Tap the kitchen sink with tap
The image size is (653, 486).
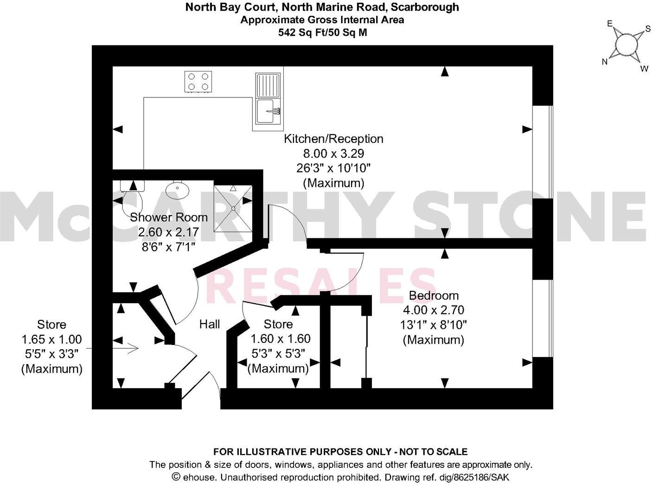(268, 111)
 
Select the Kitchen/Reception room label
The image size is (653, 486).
(333, 139)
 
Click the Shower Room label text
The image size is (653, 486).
(168, 217)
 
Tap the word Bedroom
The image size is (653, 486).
(433, 295)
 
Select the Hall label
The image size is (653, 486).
(210, 324)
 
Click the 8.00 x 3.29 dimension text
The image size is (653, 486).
(333, 153)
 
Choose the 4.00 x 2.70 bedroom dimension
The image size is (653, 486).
(433, 310)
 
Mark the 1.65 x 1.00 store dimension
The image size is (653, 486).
(51, 339)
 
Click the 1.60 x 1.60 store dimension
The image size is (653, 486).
(280, 339)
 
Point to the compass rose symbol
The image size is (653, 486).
(626, 45)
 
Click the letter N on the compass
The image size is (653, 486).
(604, 62)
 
